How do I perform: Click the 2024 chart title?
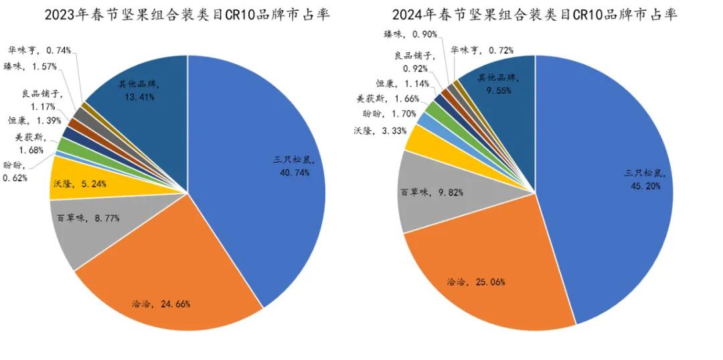tap(536, 14)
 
